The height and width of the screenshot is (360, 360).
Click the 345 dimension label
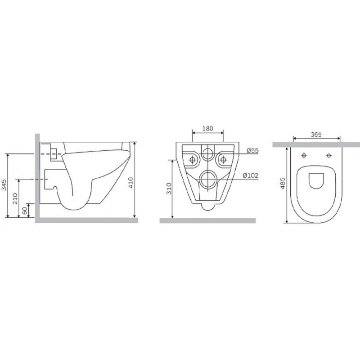pyautogui.click(x=4, y=185)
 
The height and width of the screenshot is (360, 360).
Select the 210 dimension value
pyautogui.click(x=15, y=198)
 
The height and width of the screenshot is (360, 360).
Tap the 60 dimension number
pyautogui.click(x=25, y=210)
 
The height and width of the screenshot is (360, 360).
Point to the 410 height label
pyautogui.click(x=130, y=183)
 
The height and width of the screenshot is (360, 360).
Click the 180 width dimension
pyautogui.click(x=207, y=129)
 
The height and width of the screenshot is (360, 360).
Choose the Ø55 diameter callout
pyautogui.click(x=252, y=151)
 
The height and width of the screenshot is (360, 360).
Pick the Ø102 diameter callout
pyautogui.click(x=251, y=175)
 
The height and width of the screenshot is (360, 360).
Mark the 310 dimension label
pyautogui.click(x=169, y=189)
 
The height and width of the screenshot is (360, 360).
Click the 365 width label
pyautogui.click(x=316, y=135)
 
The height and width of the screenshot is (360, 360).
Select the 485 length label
pyautogui.click(x=283, y=183)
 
